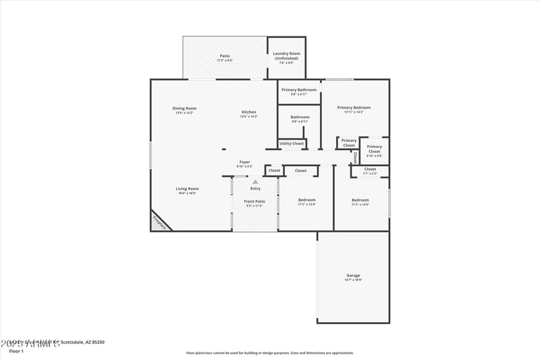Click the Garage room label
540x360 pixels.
353,276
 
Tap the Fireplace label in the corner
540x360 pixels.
159,221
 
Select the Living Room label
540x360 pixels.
187,189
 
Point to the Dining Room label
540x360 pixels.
184,109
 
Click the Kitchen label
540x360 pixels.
249,112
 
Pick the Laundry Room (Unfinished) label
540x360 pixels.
287,56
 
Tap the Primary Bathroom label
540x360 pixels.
298,90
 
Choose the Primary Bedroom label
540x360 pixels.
354,108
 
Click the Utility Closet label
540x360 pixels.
292,143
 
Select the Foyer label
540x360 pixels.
244,162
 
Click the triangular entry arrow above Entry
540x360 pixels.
255,182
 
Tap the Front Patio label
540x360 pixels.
254,201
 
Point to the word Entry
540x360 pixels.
255,188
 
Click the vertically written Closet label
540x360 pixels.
355,157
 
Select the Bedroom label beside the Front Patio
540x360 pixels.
306,200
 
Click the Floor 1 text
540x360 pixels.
16,351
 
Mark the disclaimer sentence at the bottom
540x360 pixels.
270,353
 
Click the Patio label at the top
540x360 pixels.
224,56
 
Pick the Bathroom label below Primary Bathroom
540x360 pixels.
300,118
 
